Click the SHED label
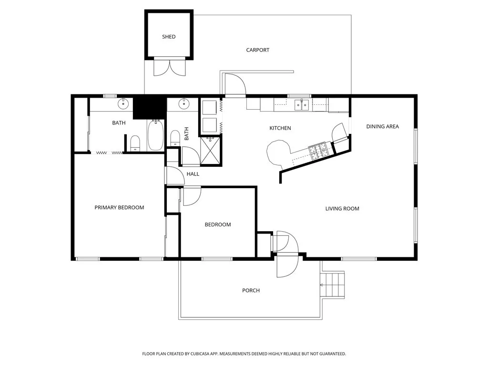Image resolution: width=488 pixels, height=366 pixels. pyautogui.click(x=169, y=37)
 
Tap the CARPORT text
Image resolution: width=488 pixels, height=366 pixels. pyautogui.click(x=257, y=50)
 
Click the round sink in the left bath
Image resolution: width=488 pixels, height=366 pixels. pyautogui.click(x=124, y=102)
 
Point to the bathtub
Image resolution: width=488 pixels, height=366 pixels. pyautogui.click(x=155, y=136)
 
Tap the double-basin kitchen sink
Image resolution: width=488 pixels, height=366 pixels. pyautogui.click(x=301, y=104)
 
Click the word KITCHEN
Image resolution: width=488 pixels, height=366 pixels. pyautogui.click(x=280, y=128)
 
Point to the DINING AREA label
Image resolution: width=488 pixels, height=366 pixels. pyautogui.click(x=382, y=126)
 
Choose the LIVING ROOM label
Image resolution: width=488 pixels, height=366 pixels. pyautogui.click(x=342, y=209)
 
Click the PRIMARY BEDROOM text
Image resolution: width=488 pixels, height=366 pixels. pyautogui.click(x=119, y=207)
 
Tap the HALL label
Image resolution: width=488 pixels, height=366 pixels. pyautogui.click(x=193, y=174)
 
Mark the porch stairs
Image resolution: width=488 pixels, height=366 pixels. pyautogui.click(x=333, y=285)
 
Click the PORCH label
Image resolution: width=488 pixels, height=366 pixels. pyautogui.click(x=251, y=291)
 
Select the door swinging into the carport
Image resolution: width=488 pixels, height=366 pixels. pyautogui.click(x=234, y=84)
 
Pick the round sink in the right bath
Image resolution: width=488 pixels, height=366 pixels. pyautogui.click(x=183, y=102)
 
